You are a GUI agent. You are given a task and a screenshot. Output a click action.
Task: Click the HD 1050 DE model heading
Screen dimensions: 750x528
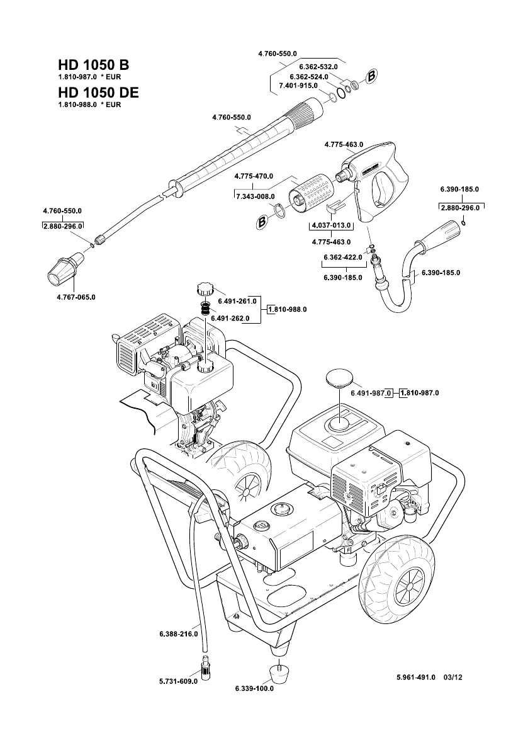point(98,93)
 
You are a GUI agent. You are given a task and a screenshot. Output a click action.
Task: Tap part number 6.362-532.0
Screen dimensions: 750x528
point(318,66)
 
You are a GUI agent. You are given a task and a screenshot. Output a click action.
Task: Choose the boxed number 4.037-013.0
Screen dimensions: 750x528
point(332,225)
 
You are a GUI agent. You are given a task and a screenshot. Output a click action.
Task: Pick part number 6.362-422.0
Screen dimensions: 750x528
point(343,258)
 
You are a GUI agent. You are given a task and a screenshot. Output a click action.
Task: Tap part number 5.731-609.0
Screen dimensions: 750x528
point(178,681)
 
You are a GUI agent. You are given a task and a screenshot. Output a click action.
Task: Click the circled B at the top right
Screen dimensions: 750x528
point(371,76)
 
